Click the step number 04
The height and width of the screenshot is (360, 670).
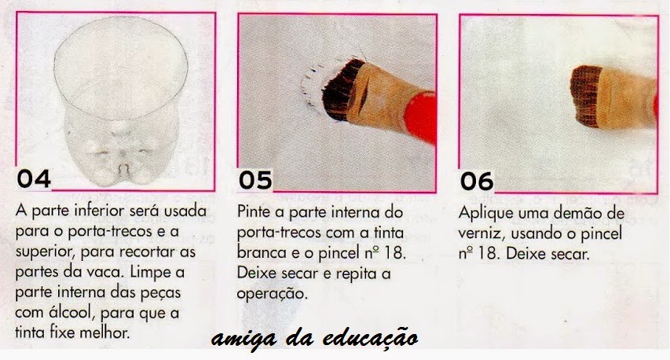coord(34,178)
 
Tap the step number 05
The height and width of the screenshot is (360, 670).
coord(255,180)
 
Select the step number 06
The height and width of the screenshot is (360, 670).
coord(477,182)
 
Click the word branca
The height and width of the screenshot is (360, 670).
coord(262,252)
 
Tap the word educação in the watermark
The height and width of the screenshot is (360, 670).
coord(370,339)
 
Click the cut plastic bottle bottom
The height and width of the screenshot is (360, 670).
coord(121,101)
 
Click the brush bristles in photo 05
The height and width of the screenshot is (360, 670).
coord(341,90)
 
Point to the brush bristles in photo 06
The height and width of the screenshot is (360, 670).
coord(585,96)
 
